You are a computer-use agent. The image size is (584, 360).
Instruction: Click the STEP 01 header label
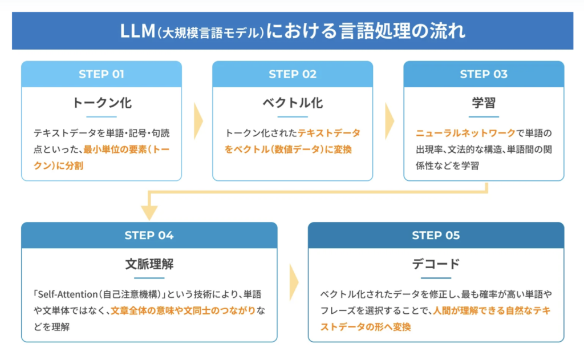point(101,74)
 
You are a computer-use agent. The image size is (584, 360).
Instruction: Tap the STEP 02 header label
point(292,74)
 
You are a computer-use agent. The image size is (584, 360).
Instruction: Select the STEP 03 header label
point(483,74)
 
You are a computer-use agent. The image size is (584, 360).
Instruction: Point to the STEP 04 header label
point(149,235)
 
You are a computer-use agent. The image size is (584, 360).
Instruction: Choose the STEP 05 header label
point(436,235)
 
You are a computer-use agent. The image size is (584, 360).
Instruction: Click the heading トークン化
point(101,103)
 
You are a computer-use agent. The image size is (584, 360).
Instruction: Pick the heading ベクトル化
point(292,103)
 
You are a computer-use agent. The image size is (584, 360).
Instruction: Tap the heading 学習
point(483,103)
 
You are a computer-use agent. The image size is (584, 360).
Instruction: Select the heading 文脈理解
point(149,265)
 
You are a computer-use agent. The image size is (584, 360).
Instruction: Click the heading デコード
point(436,265)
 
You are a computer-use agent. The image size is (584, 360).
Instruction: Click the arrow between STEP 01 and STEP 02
point(198,121)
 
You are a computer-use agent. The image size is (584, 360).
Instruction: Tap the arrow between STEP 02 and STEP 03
point(389,121)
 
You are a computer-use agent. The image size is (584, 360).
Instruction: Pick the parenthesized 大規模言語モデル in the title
point(212,32)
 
